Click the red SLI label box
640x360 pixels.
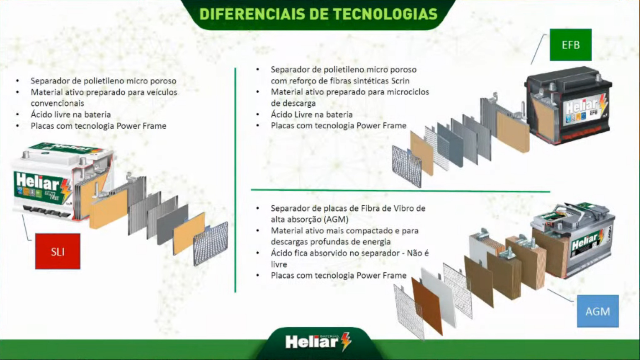(58, 251)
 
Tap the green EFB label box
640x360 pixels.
(571, 45)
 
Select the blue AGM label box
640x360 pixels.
(598, 311)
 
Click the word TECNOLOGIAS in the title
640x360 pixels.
(385, 14)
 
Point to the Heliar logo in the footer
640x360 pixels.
(318, 341)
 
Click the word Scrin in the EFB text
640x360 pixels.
(400, 81)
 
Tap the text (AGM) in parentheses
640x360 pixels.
(336, 219)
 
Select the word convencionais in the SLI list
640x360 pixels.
(58, 103)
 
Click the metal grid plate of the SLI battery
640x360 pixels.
(211, 244)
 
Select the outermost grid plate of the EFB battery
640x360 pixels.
(407, 166)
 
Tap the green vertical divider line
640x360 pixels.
(235, 180)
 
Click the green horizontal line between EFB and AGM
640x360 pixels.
(400, 191)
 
